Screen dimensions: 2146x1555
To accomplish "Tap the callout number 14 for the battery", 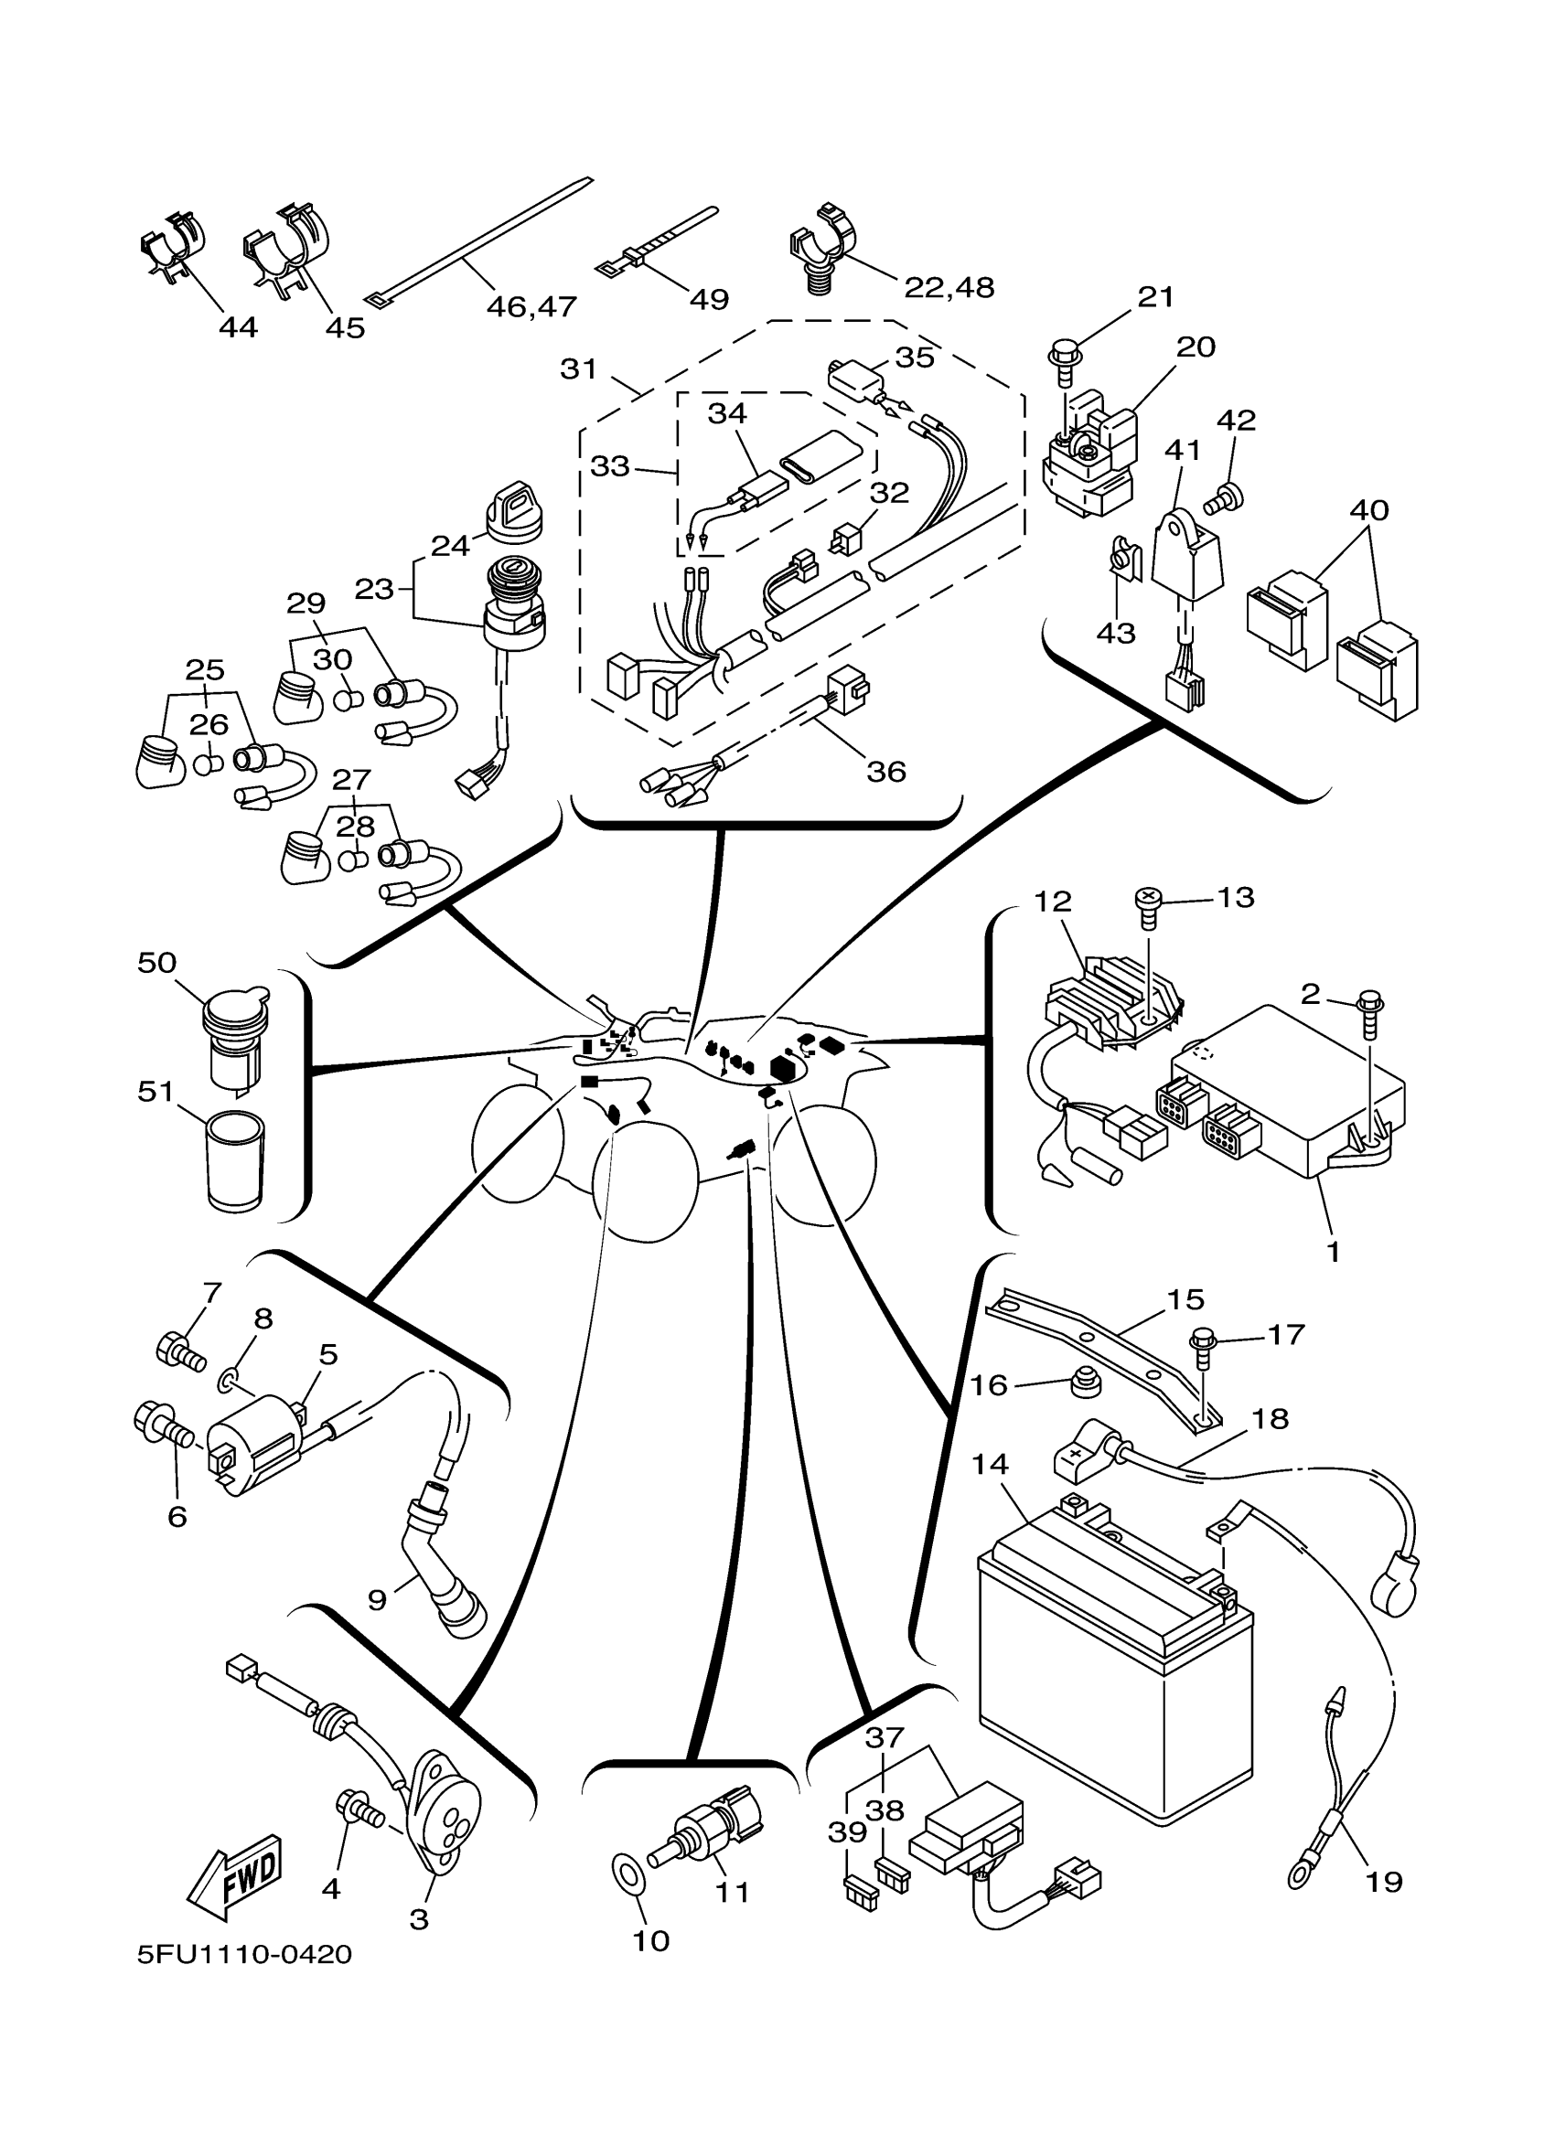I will pyautogui.click(x=990, y=1464).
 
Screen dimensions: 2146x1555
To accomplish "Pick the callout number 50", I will pyautogui.click(x=157, y=962).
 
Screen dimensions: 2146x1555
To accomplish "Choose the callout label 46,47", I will pyautogui.click(x=531, y=306).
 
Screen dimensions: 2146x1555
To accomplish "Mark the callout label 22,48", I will pyautogui.click(x=949, y=287).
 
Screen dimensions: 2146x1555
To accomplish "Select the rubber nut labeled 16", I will pyautogui.click(x=1084, y=1384).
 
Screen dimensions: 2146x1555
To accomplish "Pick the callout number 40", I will pyautogui.click(x=1368, y=510).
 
